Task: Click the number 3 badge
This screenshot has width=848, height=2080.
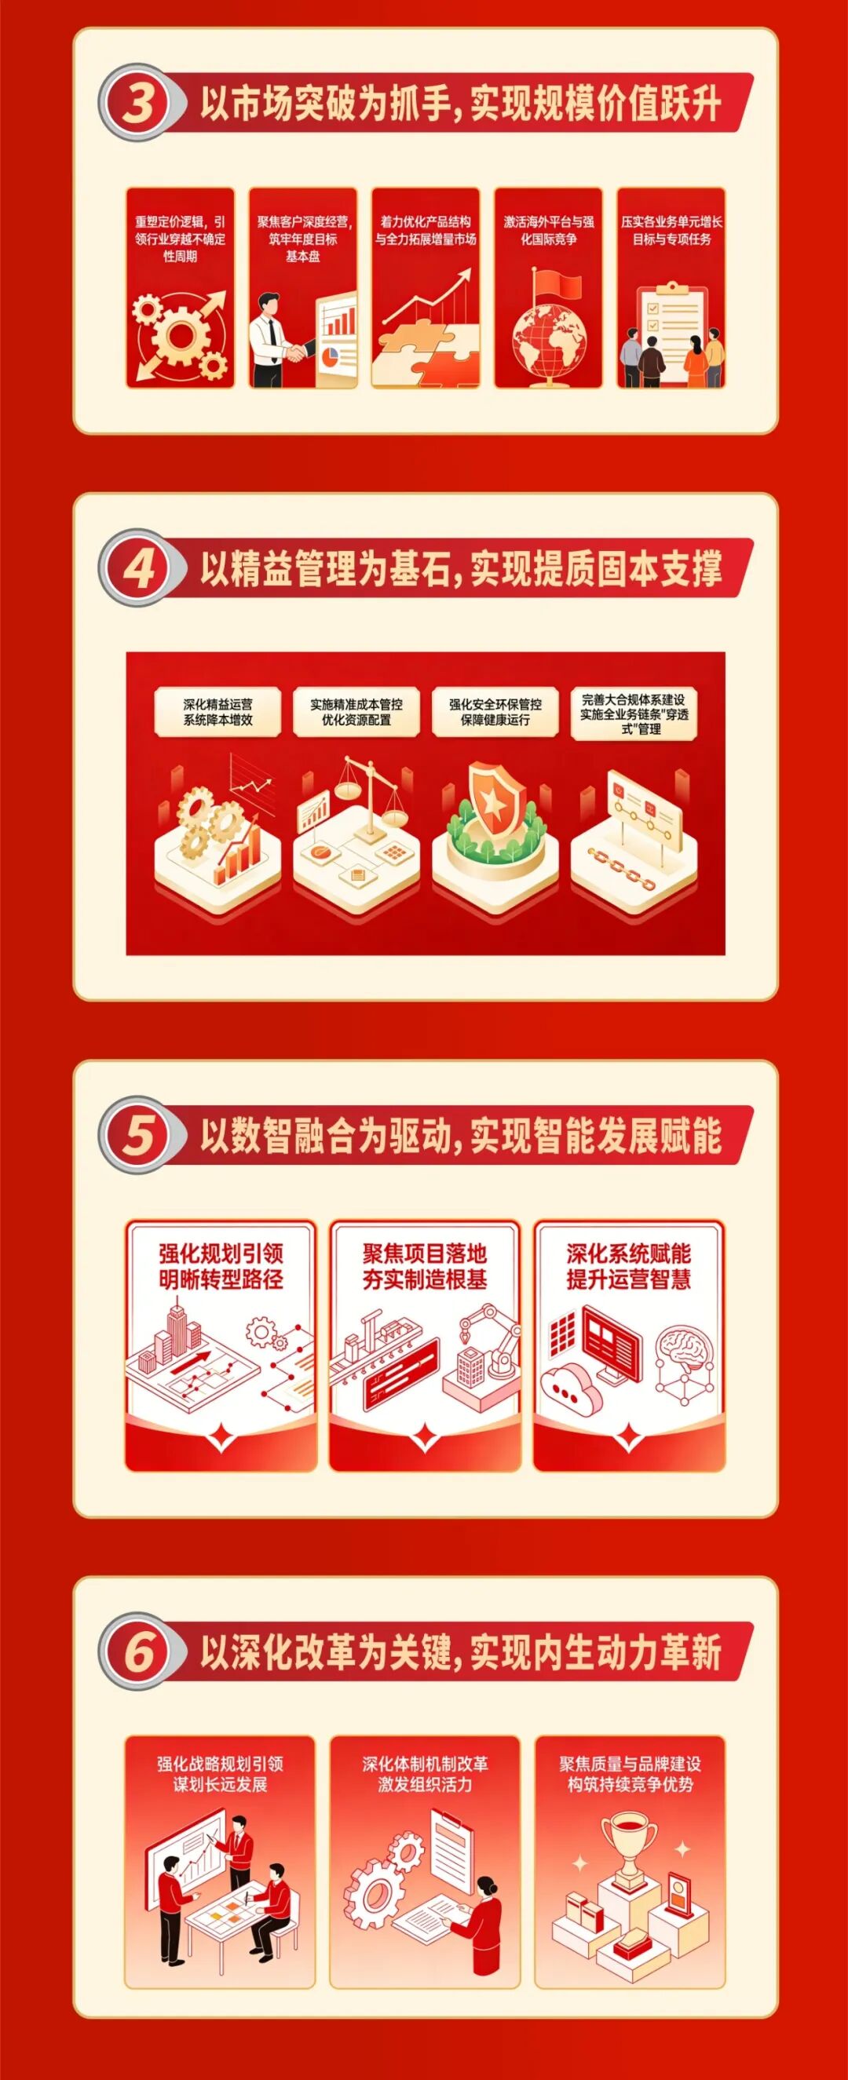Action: coord(137,106)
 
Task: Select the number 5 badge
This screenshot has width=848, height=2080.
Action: coord(137,1134)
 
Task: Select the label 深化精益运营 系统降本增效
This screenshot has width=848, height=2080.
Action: coord(218,712)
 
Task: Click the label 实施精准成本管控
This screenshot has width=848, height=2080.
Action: coord(356,704)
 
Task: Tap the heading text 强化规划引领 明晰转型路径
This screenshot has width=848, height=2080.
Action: coord(221,1267)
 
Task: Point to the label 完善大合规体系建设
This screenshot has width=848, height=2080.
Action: coord(633,699)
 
